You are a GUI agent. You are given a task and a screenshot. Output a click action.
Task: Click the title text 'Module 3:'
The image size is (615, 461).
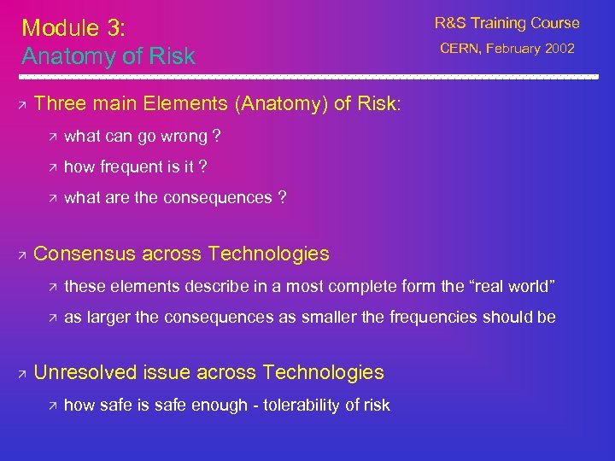(x=73, y=27)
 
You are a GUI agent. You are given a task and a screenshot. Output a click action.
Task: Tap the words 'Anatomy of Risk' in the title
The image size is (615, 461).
(x=108, y=56)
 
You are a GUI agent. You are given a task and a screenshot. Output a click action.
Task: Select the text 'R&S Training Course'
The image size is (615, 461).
(x=507, y=23)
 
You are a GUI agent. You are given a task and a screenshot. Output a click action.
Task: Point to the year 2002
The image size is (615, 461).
(x=559, y=49)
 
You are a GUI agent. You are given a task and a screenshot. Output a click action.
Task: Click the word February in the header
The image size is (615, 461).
(x=513, y=49)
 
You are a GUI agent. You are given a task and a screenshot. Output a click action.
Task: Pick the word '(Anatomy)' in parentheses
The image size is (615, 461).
(x=284, y=103)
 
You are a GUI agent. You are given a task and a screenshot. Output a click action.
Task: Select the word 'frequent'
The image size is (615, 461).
(x=126, y=167)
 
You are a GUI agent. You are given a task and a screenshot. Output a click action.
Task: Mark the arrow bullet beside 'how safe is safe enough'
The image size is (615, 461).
(x=52, y=406)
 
